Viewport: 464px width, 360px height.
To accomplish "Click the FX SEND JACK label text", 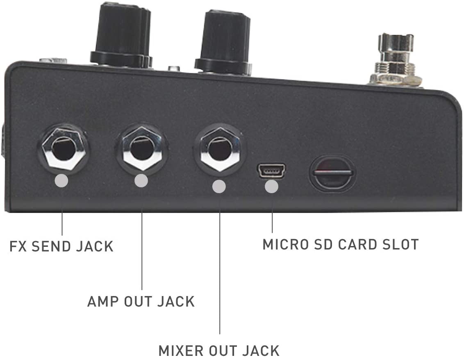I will (61, 246).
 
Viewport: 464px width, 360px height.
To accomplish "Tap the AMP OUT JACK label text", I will (141, 301).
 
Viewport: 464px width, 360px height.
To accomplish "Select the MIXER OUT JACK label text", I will (219, 351).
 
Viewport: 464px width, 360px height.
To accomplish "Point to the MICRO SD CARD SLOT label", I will (340, 244).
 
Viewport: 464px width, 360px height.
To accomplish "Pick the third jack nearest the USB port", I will (218, 149).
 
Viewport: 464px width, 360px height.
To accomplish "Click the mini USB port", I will (271, 170).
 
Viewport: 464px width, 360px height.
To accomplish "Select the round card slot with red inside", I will (332, 172).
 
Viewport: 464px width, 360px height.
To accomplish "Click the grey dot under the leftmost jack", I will (62, 181).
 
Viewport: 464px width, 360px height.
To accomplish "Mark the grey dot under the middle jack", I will (141, 181).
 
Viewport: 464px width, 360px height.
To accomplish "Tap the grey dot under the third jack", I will (219, 187).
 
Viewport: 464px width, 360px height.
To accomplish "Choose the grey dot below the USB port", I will (271, 187).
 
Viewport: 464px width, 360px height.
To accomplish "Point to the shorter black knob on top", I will (223, 41).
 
